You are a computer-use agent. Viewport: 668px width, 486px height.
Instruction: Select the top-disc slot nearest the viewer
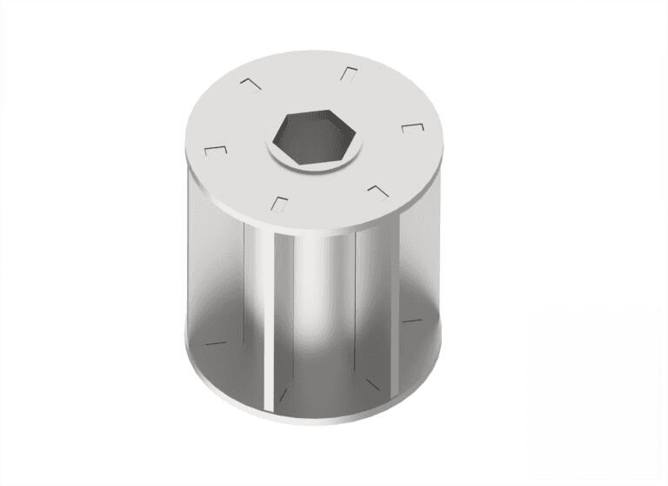[279, 205]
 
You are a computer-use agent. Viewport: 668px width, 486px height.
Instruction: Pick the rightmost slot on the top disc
[412, 129]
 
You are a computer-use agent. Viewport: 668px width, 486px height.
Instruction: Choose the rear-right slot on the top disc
[349, 73]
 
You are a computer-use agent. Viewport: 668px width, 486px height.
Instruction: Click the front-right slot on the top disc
[377, 190]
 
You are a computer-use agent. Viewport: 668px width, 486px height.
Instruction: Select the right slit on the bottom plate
[411, 321]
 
